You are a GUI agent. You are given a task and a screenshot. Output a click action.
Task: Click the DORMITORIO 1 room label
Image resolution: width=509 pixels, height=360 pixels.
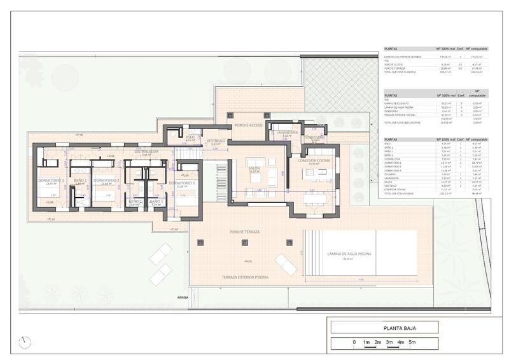51,181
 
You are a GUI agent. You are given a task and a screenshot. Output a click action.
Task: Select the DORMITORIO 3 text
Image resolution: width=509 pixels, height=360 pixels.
181,183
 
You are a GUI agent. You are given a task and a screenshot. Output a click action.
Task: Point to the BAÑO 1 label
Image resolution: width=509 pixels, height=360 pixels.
80,181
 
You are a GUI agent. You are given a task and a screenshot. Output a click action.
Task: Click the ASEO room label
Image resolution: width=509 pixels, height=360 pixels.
190,137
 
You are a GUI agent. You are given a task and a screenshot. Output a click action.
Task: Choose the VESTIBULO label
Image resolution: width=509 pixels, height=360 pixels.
216,141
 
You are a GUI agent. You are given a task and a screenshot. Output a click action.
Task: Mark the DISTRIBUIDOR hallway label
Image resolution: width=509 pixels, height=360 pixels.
146,151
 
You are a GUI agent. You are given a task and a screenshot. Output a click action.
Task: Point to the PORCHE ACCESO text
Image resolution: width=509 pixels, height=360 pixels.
249,125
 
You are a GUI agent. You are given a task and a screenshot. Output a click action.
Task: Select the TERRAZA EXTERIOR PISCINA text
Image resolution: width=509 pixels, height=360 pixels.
244,278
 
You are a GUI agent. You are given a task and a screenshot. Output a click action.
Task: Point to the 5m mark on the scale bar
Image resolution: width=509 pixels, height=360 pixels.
412,343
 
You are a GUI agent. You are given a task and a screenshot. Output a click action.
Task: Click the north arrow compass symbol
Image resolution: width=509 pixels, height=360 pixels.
25,342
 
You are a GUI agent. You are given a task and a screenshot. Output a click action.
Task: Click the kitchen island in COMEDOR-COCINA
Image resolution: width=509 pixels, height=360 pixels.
316,197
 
